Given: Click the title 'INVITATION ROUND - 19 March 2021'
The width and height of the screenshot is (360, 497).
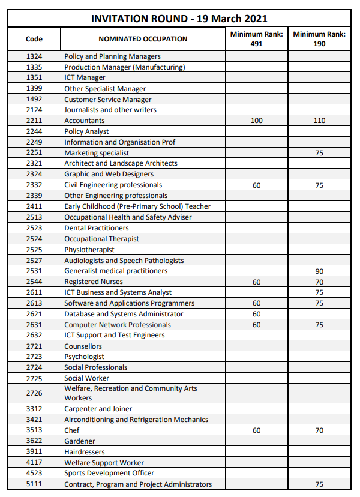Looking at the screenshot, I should pos(179,19).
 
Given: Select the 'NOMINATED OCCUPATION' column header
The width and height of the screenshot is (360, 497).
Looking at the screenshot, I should pos(143,39).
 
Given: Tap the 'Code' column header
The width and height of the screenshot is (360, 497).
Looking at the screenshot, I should pos(34,39).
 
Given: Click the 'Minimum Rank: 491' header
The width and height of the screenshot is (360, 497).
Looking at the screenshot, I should pos(257,39).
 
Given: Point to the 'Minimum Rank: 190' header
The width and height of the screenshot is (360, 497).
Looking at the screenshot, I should pos(319,39).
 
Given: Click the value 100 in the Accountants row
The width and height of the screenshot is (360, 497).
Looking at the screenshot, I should pos(257,121).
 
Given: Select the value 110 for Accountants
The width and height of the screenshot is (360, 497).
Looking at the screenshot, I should pos(319,121).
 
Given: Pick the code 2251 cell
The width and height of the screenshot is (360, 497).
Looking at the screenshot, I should pos(34,153).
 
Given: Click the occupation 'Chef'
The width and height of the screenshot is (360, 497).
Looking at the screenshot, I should pos(72,430).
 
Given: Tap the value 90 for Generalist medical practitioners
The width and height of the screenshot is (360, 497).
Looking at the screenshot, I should pos(319,271).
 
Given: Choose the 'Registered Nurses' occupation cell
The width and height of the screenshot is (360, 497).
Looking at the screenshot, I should pos(94,282).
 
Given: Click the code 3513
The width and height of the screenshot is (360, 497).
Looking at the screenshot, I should pos(34,430).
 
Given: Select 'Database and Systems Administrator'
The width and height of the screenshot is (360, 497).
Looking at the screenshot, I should pos(124,314).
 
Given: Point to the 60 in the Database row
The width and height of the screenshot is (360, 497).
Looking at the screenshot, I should pos(257,314).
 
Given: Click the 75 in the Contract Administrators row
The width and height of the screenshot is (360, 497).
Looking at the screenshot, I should pos(319,484).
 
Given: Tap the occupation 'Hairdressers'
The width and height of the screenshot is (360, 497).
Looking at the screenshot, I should pos(85,452).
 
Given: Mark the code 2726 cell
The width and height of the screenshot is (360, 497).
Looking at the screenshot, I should pos(34,393).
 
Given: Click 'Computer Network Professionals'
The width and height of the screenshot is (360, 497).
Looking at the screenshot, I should pos(118,325).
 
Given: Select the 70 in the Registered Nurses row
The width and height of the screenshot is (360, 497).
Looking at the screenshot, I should pos(319,282).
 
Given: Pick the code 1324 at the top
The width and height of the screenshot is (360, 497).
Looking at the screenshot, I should pos(34,56).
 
